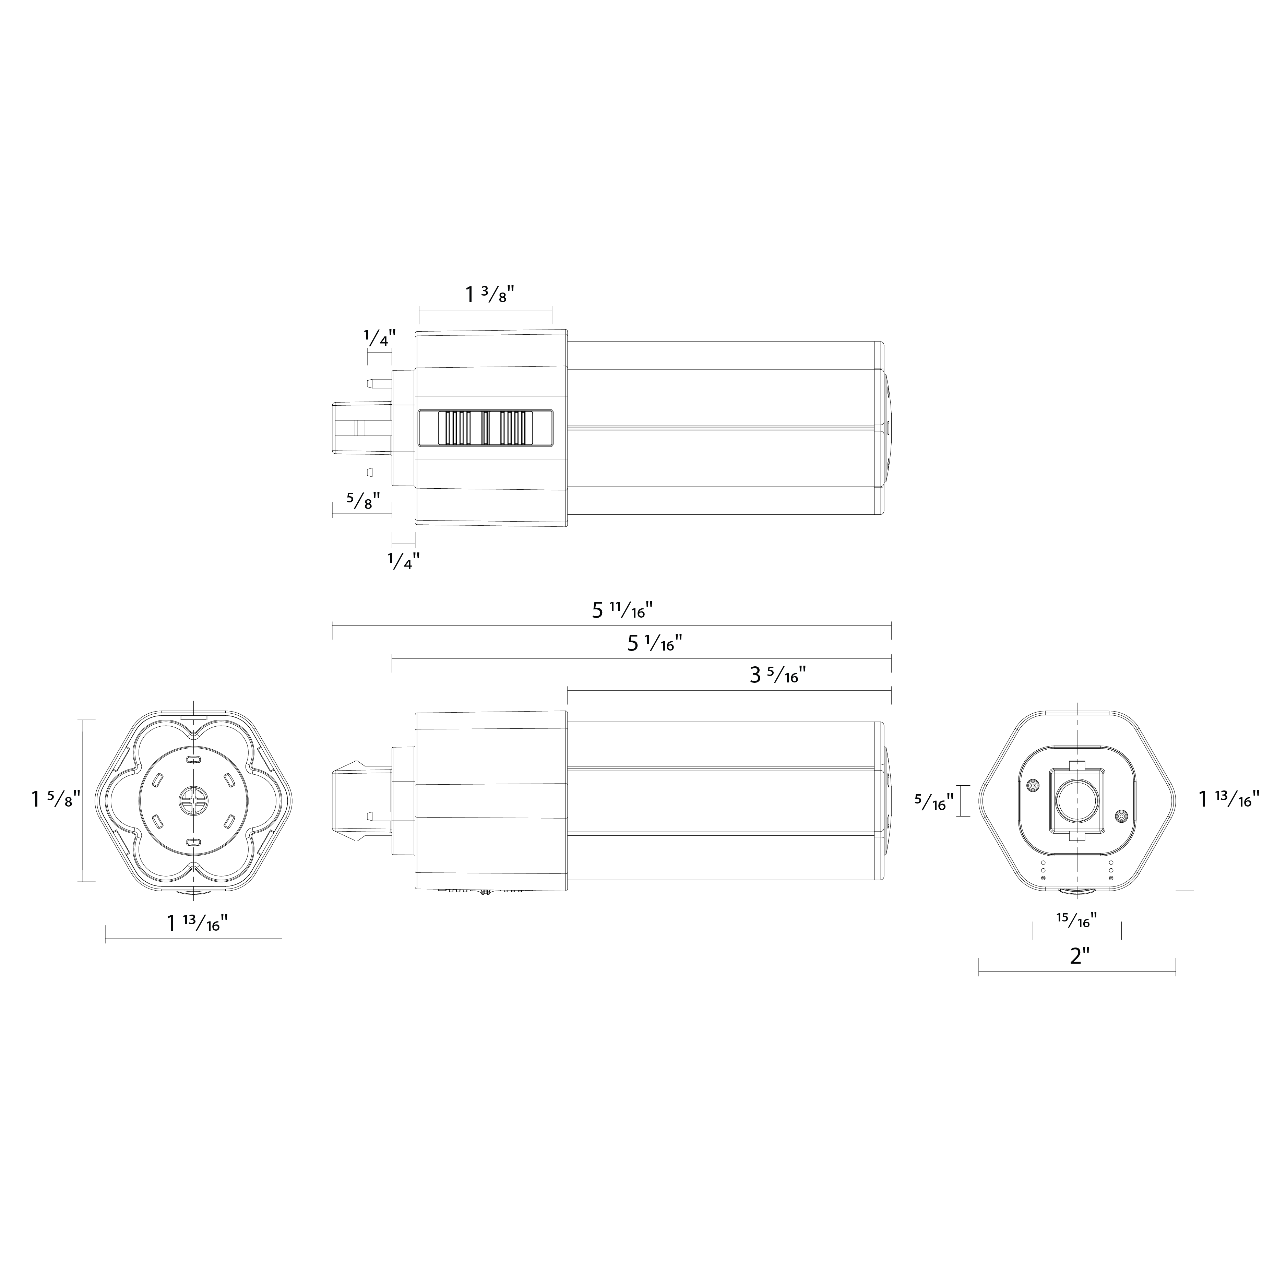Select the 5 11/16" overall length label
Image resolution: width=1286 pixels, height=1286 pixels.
pos(622,610)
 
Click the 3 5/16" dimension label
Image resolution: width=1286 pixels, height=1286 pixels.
pos(778,676)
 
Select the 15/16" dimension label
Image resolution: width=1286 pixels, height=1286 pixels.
pos(1076,920)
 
